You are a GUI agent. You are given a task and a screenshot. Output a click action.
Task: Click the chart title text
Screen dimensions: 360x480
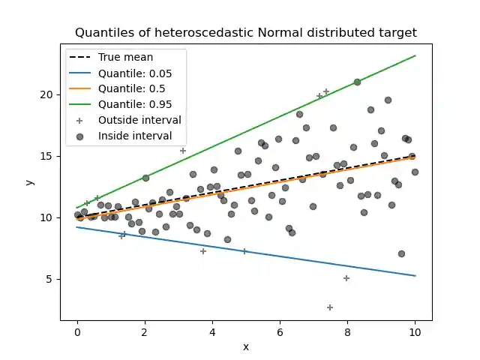pyautogui.click(x=246, y=32)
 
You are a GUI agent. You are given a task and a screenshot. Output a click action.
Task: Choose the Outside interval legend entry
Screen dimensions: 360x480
pyautogui.click(x=139, y=120)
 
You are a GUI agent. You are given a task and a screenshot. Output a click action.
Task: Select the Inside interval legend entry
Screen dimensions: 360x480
pyautogui.click(x=135, y=136)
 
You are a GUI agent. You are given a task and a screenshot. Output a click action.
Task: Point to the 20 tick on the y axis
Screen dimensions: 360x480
pyautogui.click(x=48, y=94)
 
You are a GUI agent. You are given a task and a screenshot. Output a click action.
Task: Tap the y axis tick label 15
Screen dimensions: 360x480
pyautogui.click(x=48, y=156)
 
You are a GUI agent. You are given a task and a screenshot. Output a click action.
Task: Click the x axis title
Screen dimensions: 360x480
pyautogui.click(x=246, y=346)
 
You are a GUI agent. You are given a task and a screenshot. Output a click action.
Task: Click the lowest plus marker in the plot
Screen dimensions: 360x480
pyautogui.click(x=330, y=307)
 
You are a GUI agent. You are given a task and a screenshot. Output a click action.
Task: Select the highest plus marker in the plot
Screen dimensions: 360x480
pyautogui.click(x=326, y=91)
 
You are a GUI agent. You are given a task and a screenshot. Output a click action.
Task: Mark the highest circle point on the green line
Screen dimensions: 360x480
pyautogui.click(x=357, y=82)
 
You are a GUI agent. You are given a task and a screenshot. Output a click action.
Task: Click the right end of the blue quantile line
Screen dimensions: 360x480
pyautogui.click(x=415, y=275)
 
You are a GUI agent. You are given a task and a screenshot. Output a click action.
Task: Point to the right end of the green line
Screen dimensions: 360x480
pyautogui.click(x=415, y=56)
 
